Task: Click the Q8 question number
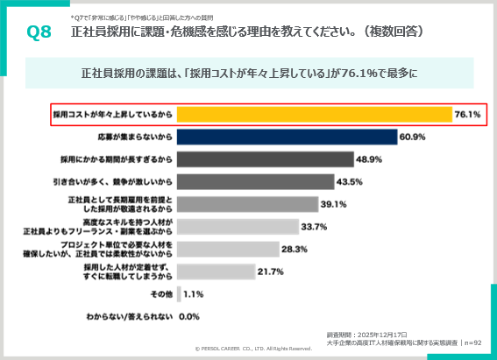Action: (39, 32)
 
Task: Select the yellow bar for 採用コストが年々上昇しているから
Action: (314, 115)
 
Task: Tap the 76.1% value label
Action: (467, 115)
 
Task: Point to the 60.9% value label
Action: (412, 137)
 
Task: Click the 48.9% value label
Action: (368, 159)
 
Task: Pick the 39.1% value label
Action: (334, 204)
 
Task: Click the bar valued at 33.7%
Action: (238, 227)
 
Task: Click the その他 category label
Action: (161, 293)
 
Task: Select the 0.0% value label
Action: (189, 316)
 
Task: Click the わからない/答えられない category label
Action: (127, 316)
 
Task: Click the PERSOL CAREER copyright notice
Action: (253, 348)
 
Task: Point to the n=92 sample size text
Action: (473, 343)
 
